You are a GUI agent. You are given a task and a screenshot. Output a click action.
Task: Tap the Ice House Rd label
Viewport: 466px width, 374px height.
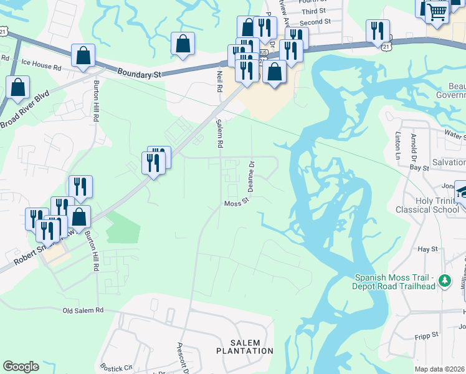click(41, 64)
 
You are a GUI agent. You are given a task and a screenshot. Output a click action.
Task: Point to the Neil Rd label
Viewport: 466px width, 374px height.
click(219, 82)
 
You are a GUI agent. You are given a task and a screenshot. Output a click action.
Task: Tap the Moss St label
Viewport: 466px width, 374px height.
click(237, 203)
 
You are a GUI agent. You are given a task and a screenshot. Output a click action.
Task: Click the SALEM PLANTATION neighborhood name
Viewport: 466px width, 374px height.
click(252, 347)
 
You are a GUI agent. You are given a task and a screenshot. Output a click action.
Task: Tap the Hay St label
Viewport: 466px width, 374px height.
click(428, 249)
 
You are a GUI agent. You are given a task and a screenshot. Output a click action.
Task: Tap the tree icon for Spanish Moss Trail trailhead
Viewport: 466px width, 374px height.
click(444, 281)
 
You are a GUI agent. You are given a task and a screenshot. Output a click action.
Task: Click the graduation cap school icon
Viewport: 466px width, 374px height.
click(462, 191)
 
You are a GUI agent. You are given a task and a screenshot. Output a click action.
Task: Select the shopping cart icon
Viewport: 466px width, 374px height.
click(437, 10)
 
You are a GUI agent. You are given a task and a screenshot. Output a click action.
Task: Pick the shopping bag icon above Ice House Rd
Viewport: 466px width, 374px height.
click(83, 56)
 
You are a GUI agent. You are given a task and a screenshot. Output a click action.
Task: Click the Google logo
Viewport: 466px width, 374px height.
click(21, 367)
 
